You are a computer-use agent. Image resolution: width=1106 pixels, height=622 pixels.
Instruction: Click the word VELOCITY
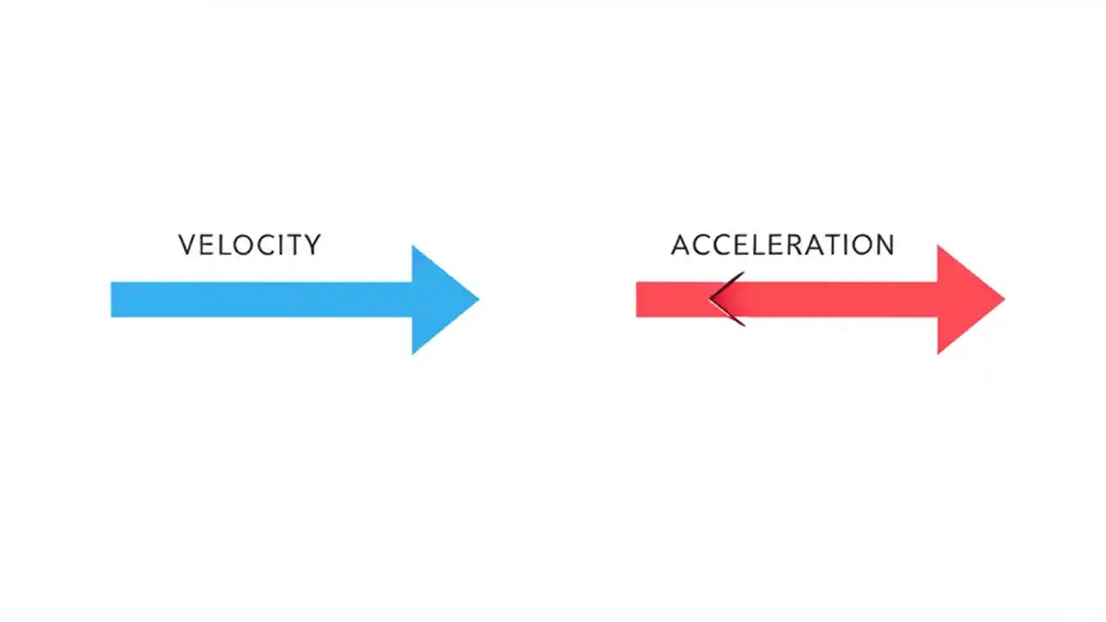(249, 245)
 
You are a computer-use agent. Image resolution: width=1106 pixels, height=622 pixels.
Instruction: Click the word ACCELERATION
(782, 245)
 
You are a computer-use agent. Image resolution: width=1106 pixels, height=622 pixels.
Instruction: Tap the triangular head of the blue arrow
(438, 300)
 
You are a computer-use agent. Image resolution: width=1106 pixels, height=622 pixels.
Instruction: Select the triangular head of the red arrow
(963, 300)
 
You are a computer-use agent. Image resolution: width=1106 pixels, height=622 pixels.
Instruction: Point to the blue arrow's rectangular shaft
(259, 300)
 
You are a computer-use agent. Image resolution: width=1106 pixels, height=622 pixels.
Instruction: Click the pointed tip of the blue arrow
(477, 300)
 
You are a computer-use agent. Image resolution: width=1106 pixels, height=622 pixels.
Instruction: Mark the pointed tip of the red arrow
(1002, 300)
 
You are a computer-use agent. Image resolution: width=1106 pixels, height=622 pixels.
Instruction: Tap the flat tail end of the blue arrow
(113, 300)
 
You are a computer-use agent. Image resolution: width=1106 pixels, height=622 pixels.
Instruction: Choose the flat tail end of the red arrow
(639, 300)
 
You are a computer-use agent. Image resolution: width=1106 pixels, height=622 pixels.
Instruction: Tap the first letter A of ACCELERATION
(681, 245)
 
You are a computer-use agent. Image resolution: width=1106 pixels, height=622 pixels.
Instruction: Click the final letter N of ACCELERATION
(884, 245)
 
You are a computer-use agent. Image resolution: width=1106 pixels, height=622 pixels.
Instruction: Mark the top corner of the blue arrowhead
(413, 248)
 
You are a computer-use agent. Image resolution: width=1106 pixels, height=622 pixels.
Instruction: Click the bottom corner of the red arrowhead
(938, 352)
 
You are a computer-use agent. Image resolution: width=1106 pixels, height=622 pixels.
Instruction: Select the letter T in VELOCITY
(294, 245)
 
